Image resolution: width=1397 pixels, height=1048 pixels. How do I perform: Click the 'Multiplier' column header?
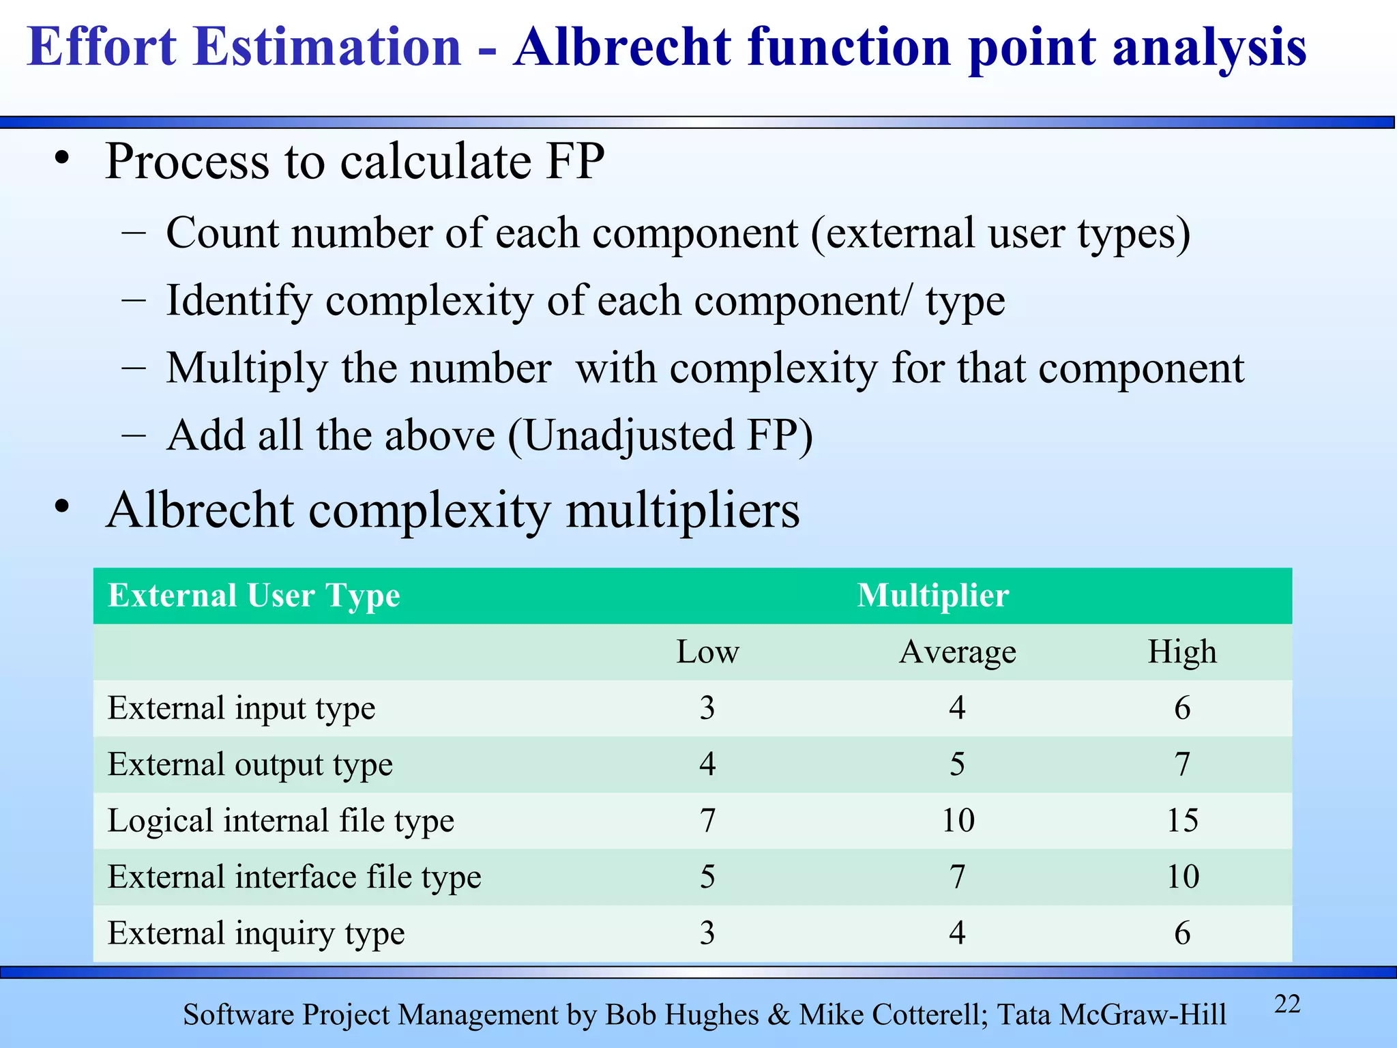(932, 596)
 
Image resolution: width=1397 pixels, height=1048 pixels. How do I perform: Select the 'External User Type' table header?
(254, 596)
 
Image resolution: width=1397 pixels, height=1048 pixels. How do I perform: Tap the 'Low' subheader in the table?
(707, 652)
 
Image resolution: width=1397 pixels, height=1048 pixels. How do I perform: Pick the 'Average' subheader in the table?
(958, 652)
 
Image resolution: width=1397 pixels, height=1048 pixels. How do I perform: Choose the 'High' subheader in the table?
(1182, 652)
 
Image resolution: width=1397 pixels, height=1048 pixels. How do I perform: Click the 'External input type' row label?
(241, 708)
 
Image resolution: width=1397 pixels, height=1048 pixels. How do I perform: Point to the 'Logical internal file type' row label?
(281, 821)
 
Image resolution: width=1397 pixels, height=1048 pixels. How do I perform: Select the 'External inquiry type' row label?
(256, 933)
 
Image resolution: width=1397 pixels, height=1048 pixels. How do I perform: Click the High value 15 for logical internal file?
(1182, 821)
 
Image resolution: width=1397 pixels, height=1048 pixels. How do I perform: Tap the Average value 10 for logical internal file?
(958, 821)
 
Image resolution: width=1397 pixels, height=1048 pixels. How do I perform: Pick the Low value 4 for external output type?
(707, 764)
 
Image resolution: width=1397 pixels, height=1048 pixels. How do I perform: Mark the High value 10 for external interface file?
(1182, 877)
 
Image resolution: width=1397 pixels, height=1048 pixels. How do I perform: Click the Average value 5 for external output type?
(958, 764)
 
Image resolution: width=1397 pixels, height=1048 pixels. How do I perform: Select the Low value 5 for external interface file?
(707, 877)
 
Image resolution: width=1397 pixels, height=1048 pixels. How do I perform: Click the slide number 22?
(1287, 1004)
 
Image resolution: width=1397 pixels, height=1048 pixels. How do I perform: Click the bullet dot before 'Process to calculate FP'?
(63, 159)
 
